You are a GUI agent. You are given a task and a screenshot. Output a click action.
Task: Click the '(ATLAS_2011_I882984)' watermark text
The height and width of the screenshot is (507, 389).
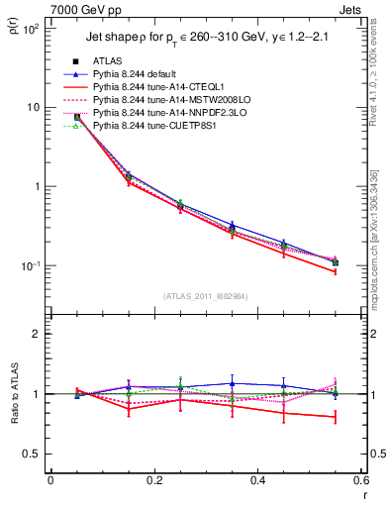pyautogui.click(x=205, y=296)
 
